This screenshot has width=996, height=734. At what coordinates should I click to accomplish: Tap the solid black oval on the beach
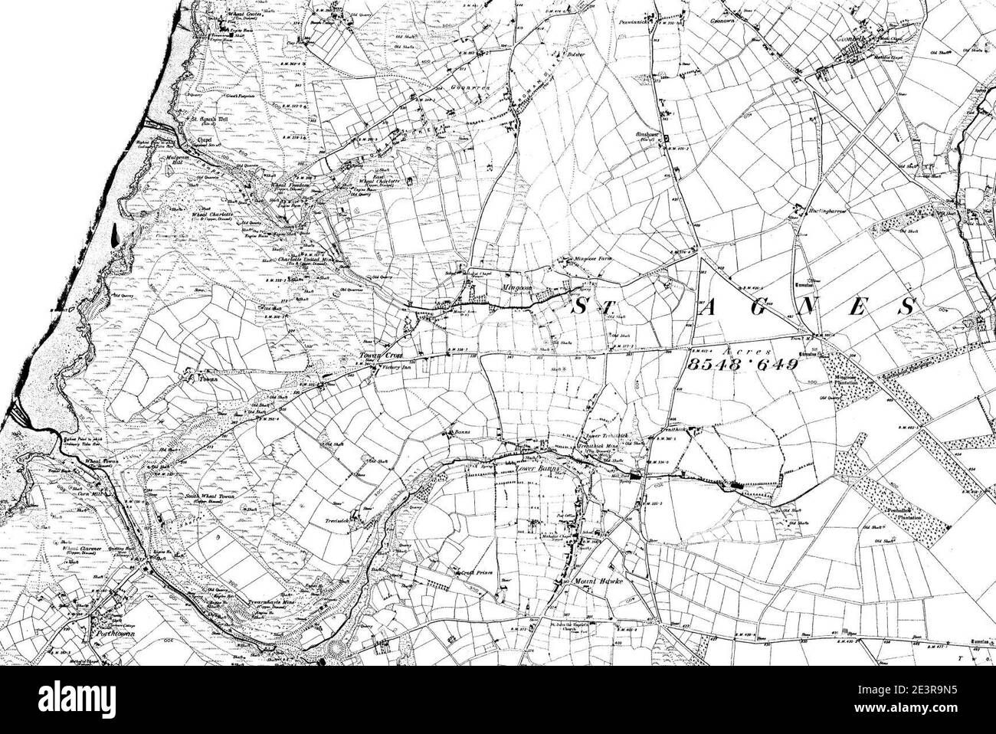click(115, 233)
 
